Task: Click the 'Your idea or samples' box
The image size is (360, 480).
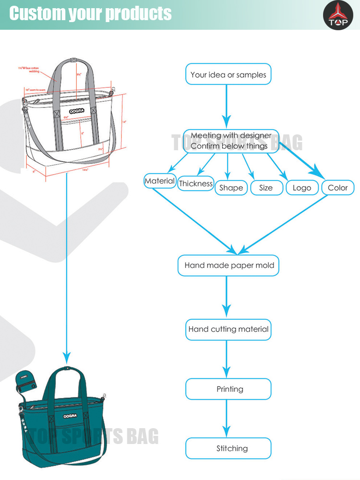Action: click(x=228, y=74)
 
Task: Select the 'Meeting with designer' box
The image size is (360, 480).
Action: click(x=231, y=141)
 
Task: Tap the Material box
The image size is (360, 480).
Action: click(x=160, y=181)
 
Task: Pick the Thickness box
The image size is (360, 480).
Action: click(x=195, y=183)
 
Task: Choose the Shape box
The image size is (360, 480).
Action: click(x=231, y=188)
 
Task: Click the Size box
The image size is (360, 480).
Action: click(x=265, y=188)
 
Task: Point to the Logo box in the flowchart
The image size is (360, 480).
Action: click(x=302, y=188)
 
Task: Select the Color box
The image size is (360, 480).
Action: click(x=337, y=188)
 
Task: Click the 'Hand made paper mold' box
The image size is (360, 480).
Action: click(x=228, y=265)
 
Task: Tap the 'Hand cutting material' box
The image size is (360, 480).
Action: click(x=228, y=329)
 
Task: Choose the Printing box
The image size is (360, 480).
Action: click(x=228, y=389)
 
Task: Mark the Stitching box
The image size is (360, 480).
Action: click(x=228, y=449)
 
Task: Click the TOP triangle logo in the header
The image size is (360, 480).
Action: click(x=338, y=14)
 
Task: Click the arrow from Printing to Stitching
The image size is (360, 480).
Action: click(x=227, y=419)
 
